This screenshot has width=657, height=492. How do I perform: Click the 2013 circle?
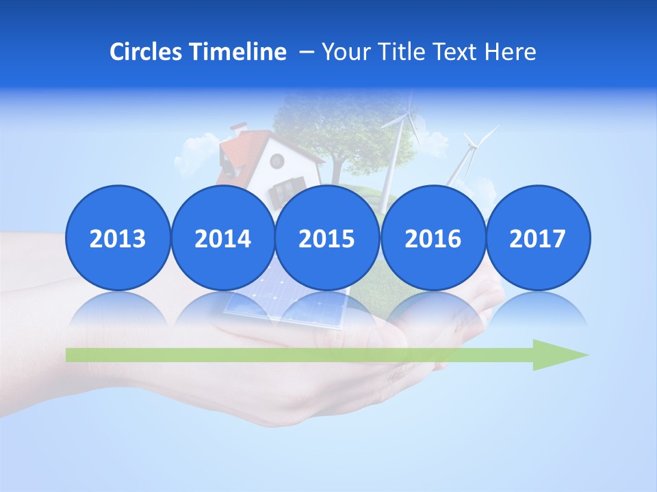[118, 238]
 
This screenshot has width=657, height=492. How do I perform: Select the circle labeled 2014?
[222, 238]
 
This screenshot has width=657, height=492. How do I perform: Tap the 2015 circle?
[327, 238]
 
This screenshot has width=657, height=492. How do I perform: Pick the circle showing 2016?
[433, 238]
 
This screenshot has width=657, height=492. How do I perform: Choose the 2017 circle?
[537, 238]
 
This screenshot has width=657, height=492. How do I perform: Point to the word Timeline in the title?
[239, 52]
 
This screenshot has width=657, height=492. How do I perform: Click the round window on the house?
[277, 161]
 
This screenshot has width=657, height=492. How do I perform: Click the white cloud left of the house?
[195, 154]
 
